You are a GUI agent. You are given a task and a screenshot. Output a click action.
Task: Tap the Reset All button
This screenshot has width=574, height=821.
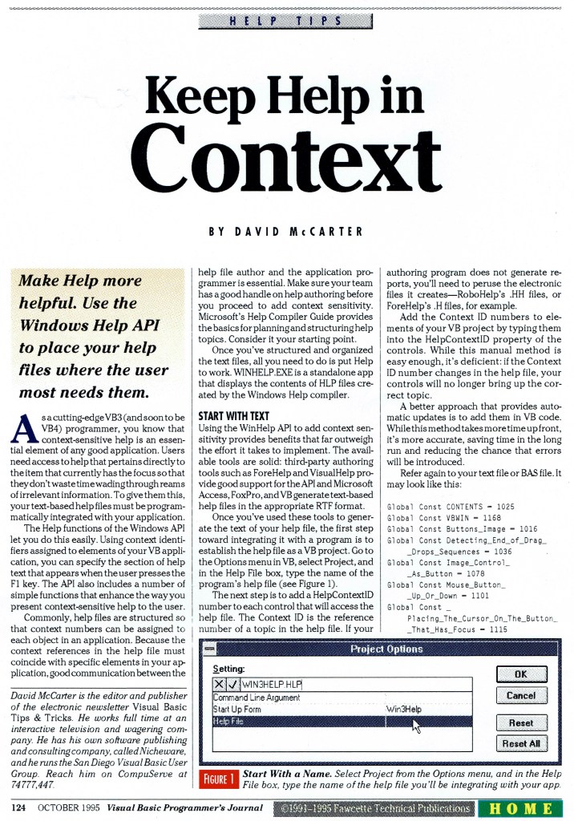click(x=520, y=743)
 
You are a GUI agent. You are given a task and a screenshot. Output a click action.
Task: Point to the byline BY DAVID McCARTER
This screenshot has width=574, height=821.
click(x=286, y=232)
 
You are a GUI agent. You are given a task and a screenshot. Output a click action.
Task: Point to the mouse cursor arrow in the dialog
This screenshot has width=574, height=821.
click(x=416, y=726)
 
